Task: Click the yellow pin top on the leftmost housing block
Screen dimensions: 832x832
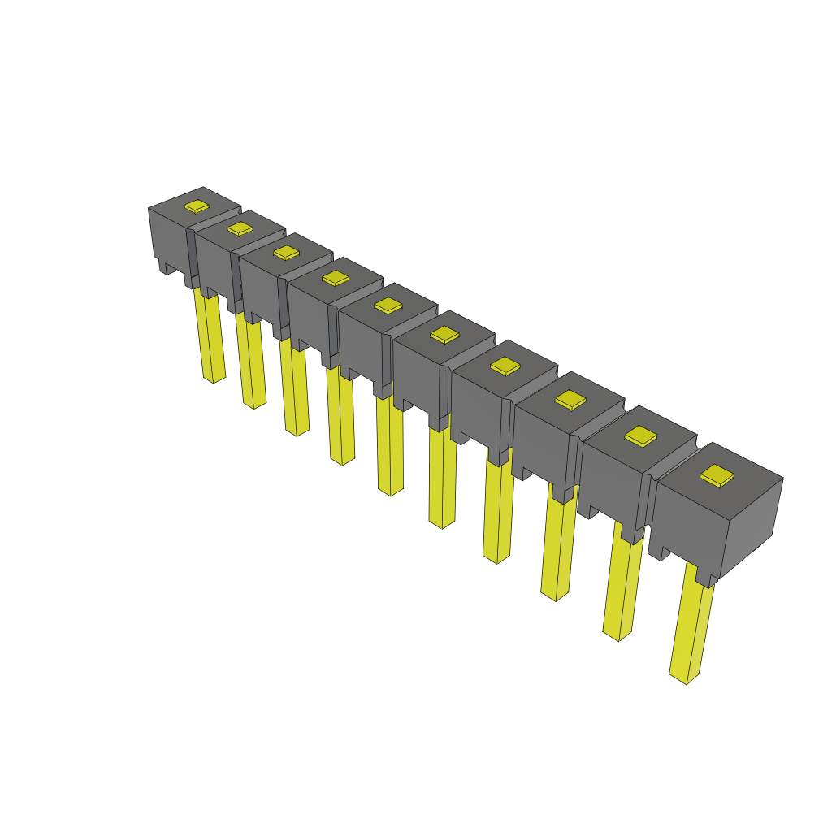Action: [197, 206]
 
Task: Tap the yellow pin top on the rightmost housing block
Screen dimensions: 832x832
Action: [717, 476]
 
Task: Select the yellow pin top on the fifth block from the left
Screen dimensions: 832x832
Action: [388, 305]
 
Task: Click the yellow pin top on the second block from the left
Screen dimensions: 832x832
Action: [240, 228]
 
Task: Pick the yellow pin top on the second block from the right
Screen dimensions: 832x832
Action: [640, 436]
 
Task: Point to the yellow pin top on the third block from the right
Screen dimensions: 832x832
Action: [570, 399]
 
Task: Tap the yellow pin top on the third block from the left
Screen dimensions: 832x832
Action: [287, 253]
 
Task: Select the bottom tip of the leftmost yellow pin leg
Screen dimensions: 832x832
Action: [213, 379]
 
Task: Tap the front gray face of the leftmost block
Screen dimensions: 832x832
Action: [168, 236]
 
